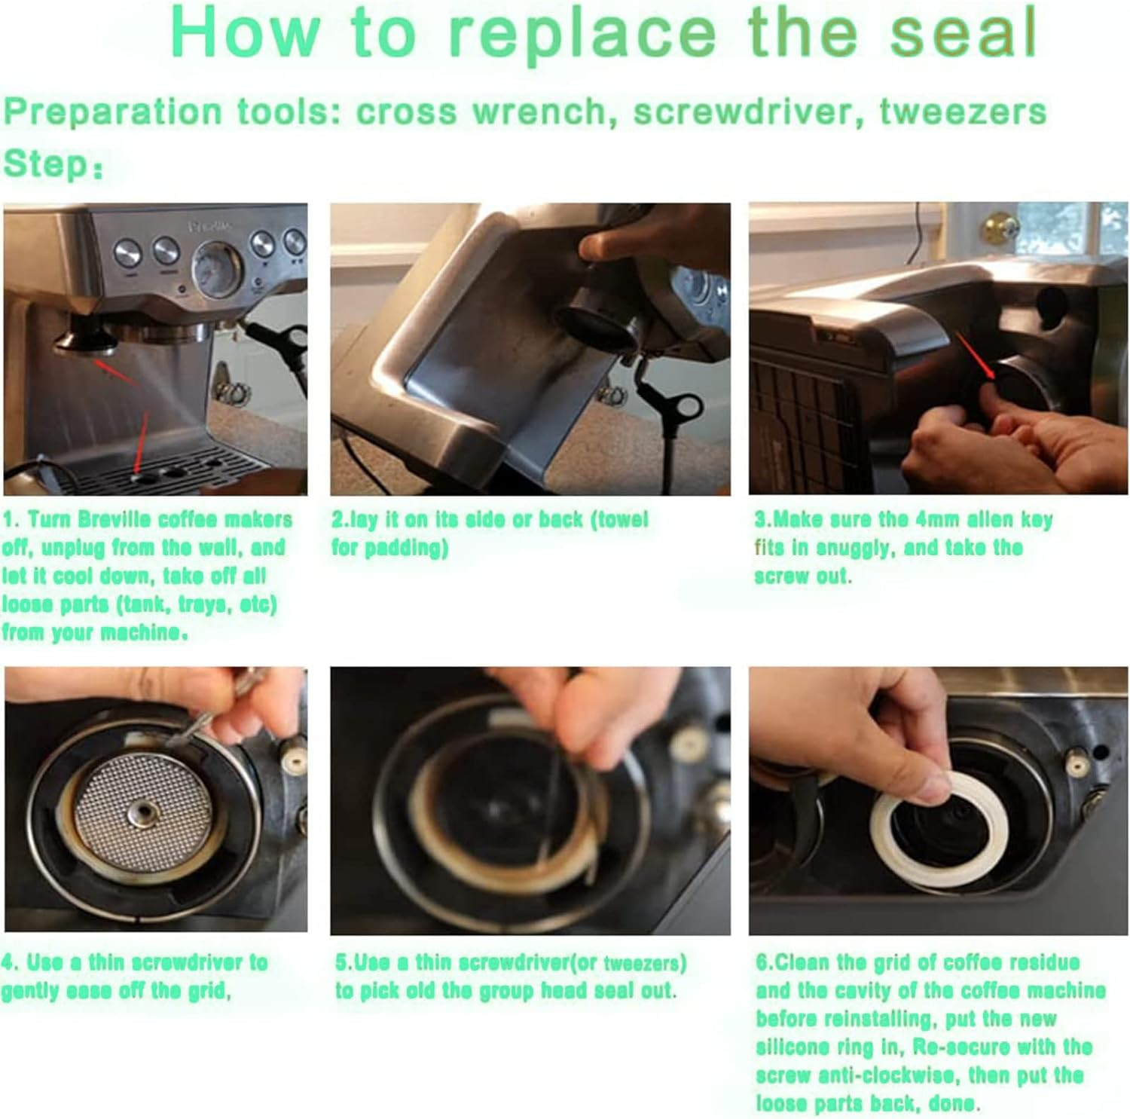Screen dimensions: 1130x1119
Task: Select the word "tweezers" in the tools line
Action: (x=963, y=112)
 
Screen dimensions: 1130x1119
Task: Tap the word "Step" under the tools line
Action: (x=47, y=164)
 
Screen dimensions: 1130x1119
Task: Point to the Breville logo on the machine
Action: (x=211, y=225)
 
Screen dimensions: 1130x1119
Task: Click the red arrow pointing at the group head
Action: (x=117, y=373)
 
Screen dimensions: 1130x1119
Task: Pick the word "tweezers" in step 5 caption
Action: (x=644, y=963)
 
